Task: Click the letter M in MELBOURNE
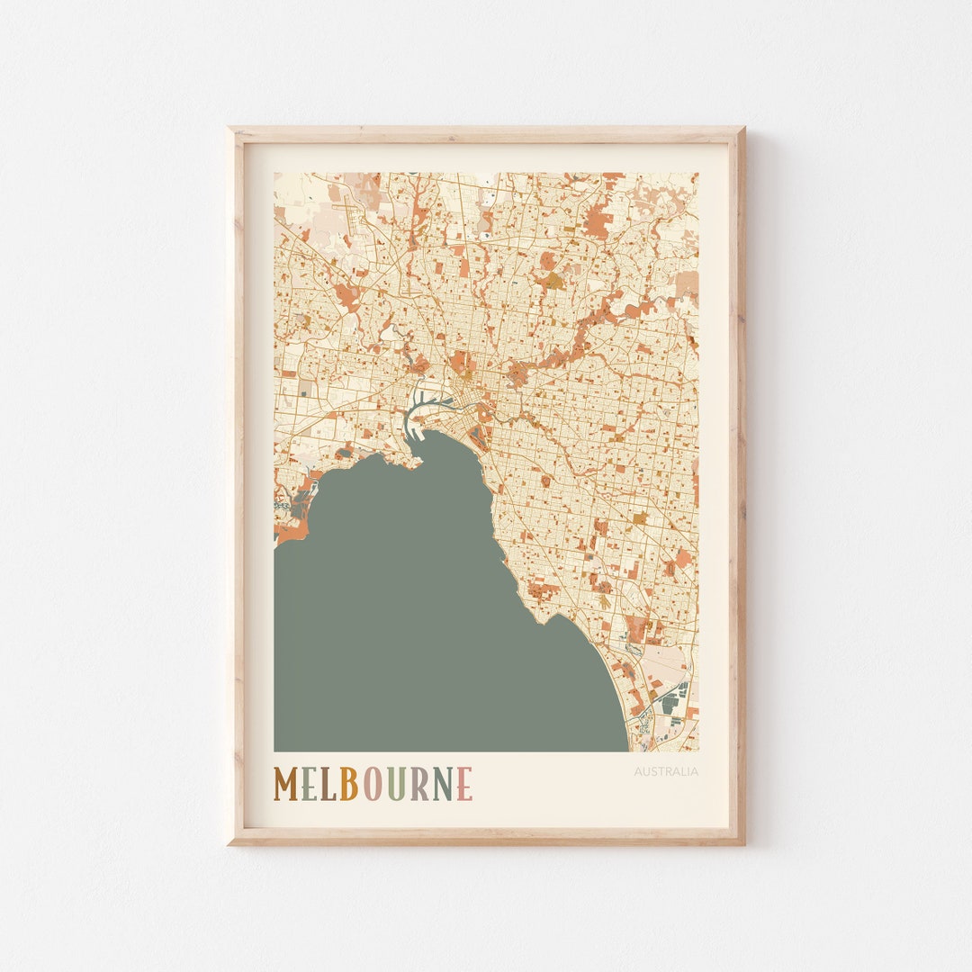click(286, 783)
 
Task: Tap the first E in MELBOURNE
click(308, 783)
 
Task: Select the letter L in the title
click(326, 783)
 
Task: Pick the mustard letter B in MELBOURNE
click(348, 783)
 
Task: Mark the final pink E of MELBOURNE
click(464, 783)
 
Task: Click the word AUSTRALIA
click(666, 771)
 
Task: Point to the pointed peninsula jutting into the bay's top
click(416, 463)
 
